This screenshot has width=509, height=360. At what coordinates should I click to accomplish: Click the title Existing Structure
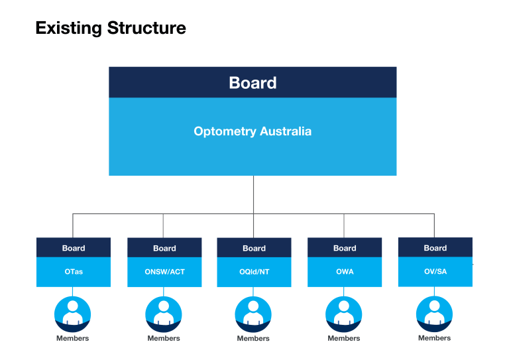111,29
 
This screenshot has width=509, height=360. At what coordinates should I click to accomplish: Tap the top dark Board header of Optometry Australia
253,83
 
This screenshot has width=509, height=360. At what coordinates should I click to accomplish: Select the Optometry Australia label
253,131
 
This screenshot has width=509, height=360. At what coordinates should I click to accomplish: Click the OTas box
74,272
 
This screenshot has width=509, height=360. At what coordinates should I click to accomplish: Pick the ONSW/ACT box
164,272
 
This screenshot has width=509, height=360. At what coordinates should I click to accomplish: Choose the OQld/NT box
254,272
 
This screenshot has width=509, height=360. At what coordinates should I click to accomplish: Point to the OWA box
345,272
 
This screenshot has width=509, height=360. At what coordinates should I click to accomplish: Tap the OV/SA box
435,271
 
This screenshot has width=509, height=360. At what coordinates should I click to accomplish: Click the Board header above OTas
74,248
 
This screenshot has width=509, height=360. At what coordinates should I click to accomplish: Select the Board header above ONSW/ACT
164,248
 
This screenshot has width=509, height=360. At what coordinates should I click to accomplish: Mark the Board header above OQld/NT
254,248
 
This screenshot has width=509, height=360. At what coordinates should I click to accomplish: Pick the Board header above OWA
345,248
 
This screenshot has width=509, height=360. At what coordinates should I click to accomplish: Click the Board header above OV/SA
435,247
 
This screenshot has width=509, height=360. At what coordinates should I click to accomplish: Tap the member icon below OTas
72,314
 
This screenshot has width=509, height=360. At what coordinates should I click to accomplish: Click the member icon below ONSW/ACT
163,314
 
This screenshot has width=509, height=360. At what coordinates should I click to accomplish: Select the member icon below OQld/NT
253,314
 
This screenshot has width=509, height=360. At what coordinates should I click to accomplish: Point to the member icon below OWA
344,314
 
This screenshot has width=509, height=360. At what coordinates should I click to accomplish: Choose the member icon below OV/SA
434,313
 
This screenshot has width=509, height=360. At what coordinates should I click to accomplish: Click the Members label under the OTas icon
72,338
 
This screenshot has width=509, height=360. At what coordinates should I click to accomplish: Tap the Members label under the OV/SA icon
434,338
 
